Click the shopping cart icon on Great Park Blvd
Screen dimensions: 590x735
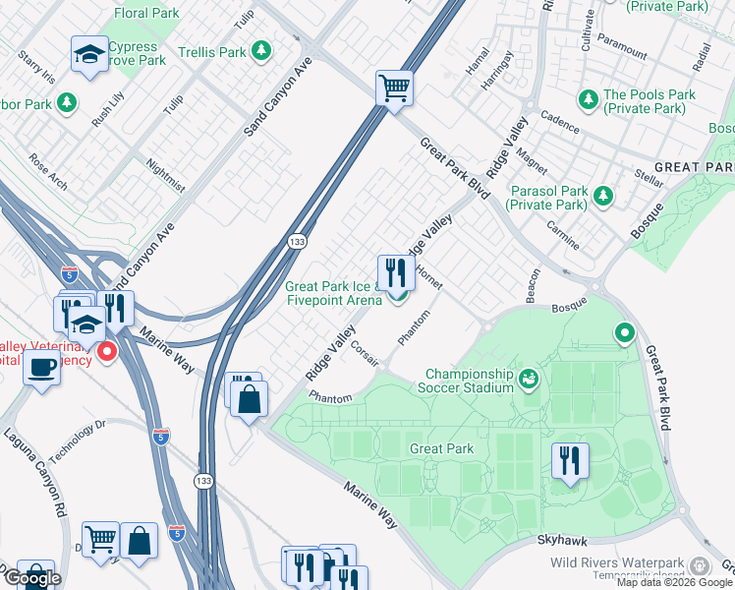tap(394, 88)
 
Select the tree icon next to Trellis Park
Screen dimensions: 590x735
tap(260, 49)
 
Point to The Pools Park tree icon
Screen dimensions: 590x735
tap(589, 99)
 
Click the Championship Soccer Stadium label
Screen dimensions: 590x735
tap(469, 381)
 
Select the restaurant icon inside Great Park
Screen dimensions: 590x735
tap(570, 459)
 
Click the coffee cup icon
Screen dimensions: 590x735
tap(40, 369)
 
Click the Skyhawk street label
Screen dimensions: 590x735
tap(563, 541)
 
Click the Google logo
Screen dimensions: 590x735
tap(31, 577)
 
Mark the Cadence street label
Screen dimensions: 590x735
tap(560, 126)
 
